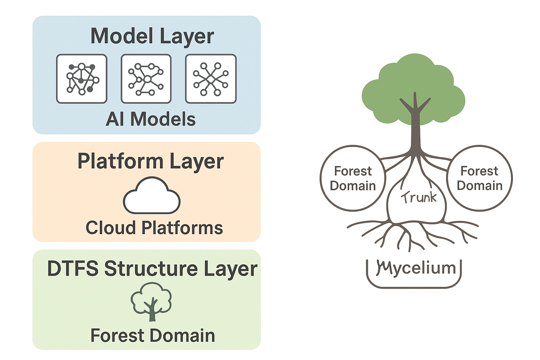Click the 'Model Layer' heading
point(152,36)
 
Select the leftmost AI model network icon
point(82,79)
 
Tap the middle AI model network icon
point(146,79)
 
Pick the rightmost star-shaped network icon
point(211,79)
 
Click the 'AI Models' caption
point(150,119)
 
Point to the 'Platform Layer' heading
point(150,161)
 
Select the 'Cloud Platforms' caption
point(154,228)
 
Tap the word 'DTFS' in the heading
point(73,269)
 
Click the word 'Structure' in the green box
point(151,269)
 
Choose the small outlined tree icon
point(152,302)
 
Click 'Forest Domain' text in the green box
point(153,335)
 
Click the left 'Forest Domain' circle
point(353,178)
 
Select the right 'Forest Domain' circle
point(480,178)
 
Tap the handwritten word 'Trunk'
point(418,198)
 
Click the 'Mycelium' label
point(416,268)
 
